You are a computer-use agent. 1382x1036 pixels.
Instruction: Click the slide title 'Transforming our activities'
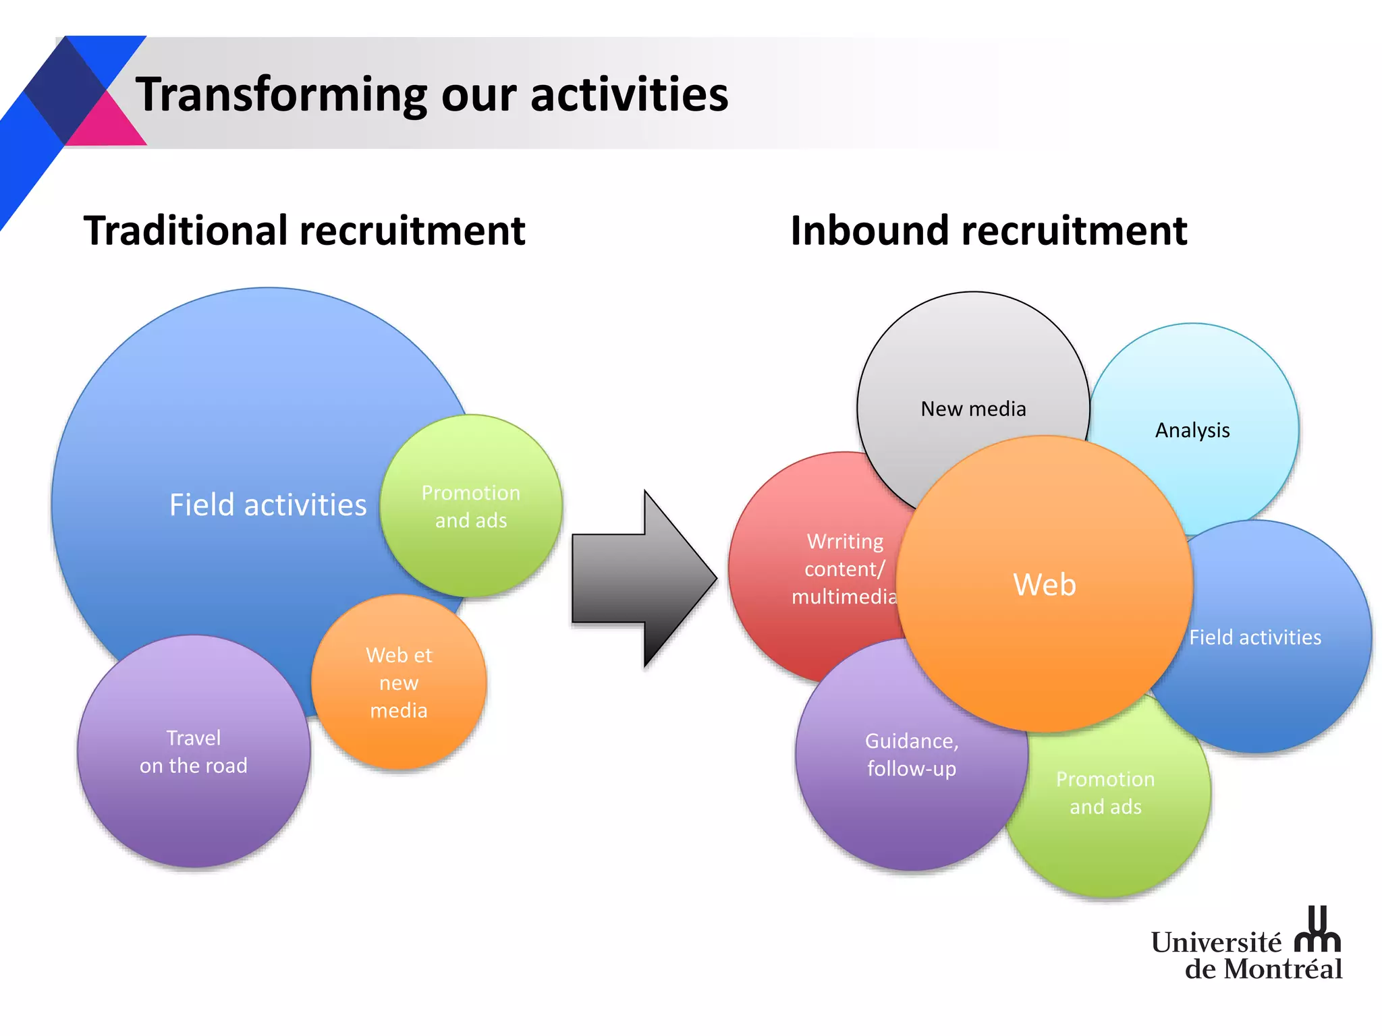(x=432, y=94)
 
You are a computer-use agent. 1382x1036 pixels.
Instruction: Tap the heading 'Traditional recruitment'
(x=304, y=231)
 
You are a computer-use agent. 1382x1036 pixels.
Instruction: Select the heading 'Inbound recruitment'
(x=988, y=231)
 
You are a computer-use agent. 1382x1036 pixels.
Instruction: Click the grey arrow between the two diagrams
(x=641, y=579)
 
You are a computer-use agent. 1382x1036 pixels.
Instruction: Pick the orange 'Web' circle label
(x=1044, y=584)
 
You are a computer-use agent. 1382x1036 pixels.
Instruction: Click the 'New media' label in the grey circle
(x=973, y=409)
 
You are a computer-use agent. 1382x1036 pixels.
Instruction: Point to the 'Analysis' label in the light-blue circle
(x=1192, y=430)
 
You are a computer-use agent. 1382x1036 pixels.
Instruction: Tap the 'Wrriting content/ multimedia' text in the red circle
(x=844, y=569)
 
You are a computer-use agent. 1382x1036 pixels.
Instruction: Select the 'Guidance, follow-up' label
(x=912, y=755)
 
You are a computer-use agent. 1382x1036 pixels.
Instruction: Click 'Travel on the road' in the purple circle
(x=194, y=752)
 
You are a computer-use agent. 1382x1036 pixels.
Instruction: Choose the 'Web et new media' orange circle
(x=399, y=683)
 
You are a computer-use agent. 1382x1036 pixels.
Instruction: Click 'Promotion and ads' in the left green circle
(x=471, y=507)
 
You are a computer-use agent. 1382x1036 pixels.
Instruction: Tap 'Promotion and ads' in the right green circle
(x=1105, y=793)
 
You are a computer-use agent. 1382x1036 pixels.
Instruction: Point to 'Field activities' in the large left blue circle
(x=267, y=505)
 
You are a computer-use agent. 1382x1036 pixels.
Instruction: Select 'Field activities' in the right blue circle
(x=1255, y=637)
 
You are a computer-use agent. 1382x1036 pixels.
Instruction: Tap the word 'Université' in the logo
(x=1215, y=942)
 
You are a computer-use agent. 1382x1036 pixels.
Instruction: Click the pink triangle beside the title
(x=108, y=125)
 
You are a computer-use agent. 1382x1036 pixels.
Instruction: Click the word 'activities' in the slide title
(x=629, y=94)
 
